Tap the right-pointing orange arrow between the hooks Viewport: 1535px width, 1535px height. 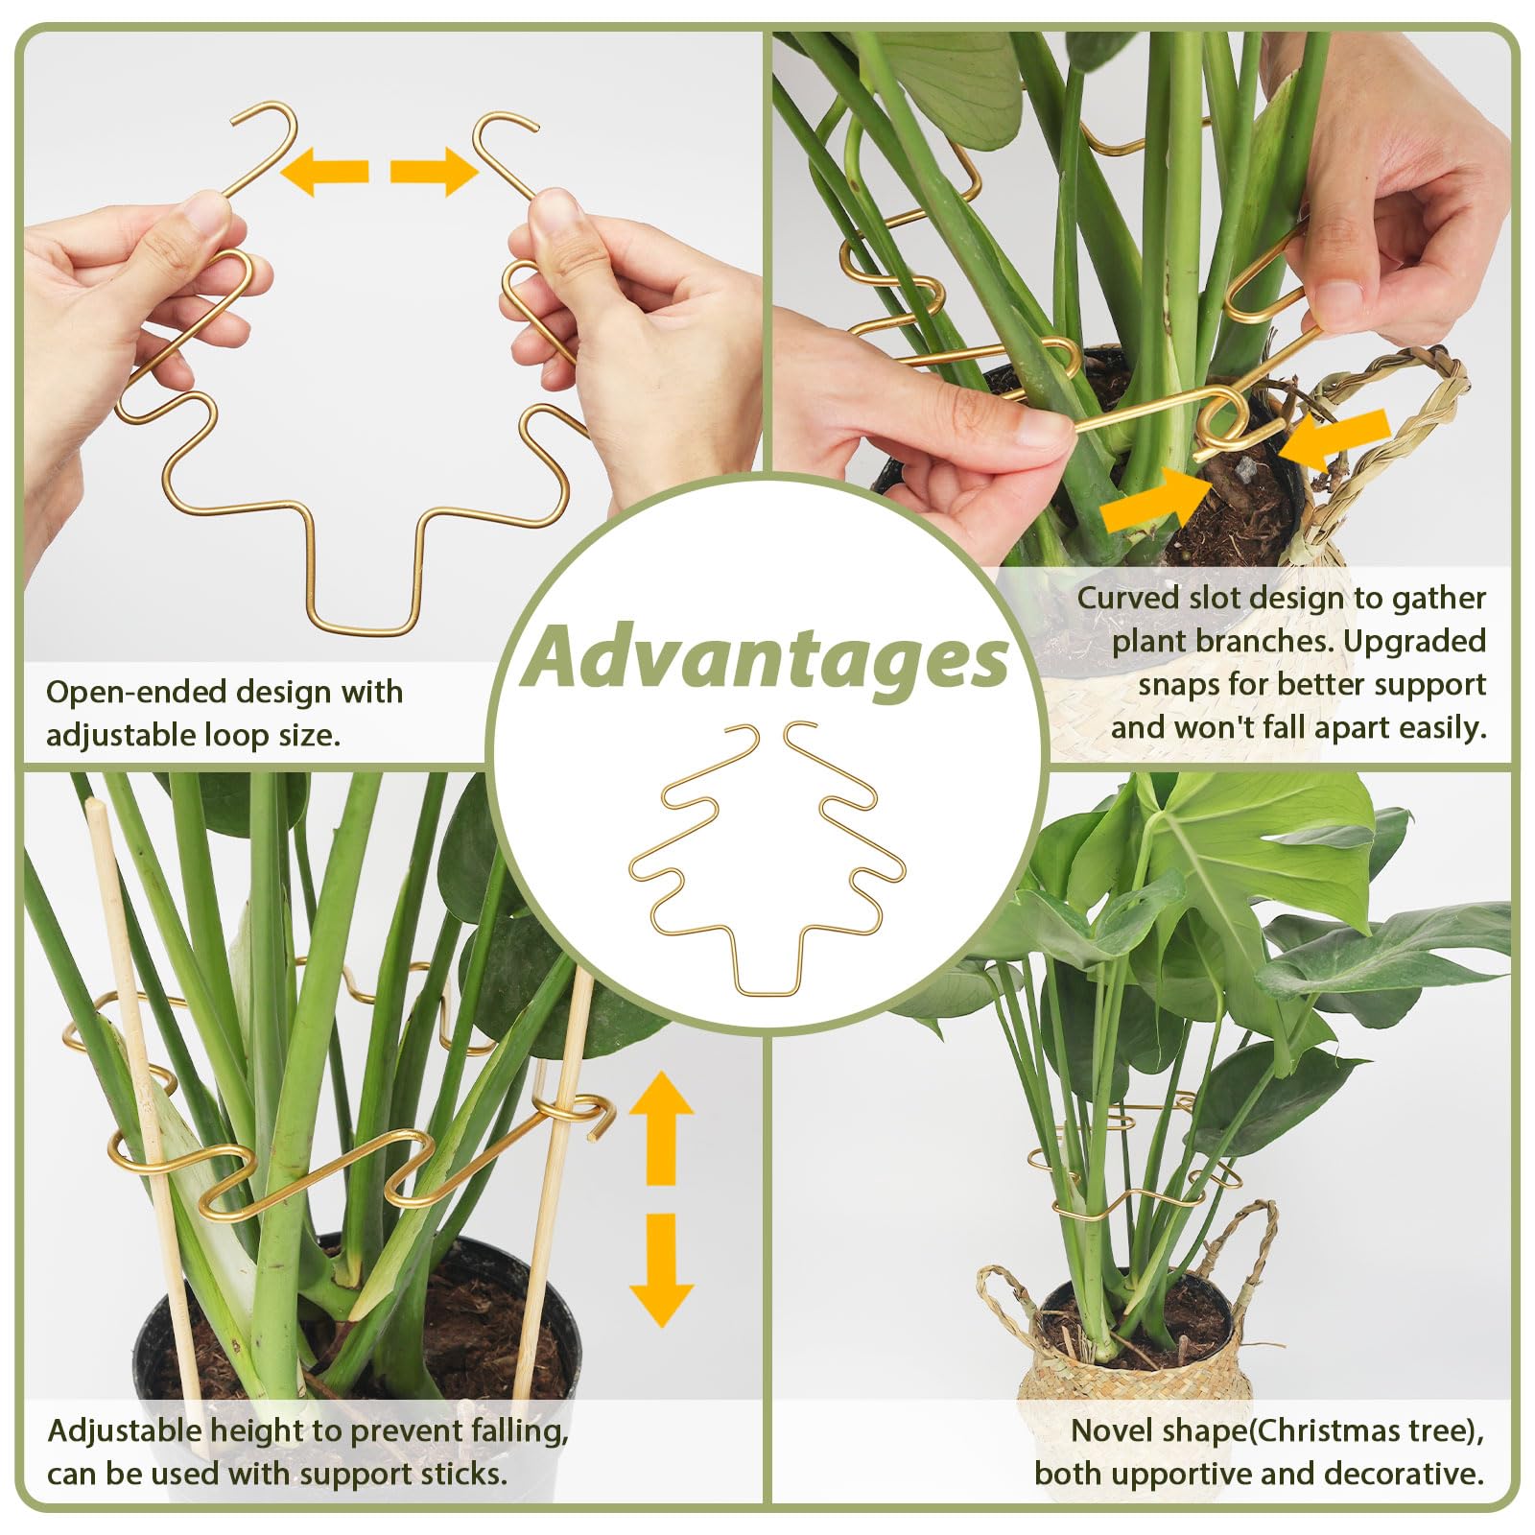[434, 172]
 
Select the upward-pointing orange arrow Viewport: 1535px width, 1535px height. [661, 1127]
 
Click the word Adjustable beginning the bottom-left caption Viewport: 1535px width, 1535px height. [125, 1431]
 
